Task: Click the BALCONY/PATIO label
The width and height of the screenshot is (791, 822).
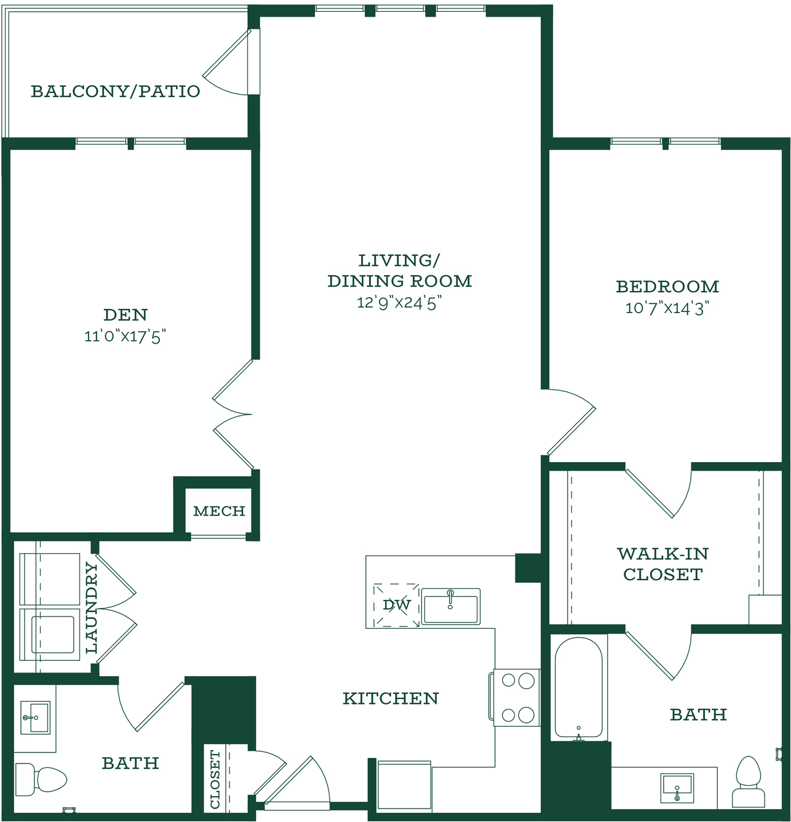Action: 115,92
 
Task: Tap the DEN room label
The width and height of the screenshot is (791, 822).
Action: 125,314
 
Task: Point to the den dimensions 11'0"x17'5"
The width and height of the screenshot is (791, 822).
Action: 125,337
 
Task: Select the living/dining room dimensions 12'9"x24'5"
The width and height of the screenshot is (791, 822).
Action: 399,303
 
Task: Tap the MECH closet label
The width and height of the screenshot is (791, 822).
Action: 219,511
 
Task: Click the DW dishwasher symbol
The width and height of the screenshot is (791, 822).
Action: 396,605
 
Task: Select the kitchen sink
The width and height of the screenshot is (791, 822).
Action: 451,607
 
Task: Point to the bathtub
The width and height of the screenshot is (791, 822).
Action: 579,688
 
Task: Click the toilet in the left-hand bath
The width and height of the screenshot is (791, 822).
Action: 41,777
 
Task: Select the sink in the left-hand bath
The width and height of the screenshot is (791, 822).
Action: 36,717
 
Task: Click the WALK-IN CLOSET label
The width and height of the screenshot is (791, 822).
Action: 662,564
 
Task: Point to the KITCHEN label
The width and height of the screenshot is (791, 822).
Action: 391,699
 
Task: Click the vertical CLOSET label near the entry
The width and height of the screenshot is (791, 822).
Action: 215,780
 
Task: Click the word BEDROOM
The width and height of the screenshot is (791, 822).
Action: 667,287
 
